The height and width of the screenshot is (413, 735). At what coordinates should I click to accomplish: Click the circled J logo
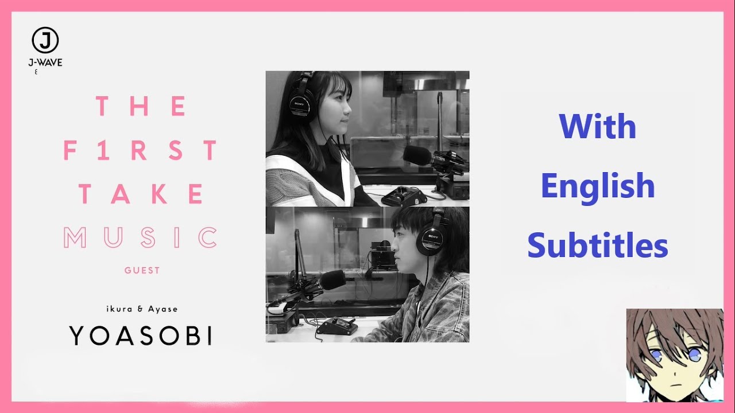[x=45, y=41]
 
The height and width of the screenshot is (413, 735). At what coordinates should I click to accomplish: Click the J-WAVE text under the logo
[x=45, y=63]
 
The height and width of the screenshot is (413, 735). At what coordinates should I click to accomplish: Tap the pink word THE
[x=141, y=107]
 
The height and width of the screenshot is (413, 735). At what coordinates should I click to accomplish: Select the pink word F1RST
[x=141, y=150]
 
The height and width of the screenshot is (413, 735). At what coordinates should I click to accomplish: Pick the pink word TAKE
[x=141, y=194]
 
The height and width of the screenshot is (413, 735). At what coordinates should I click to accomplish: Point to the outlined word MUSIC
[x=141, y=237]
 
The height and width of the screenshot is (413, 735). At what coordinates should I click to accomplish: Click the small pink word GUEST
[x=142, y=270]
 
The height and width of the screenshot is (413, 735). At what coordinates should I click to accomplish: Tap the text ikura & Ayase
[x=141, y=309]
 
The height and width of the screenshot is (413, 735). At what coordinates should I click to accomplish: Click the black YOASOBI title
[x=141, y=336]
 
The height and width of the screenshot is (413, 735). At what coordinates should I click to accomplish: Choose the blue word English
[x=597, y=186]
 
